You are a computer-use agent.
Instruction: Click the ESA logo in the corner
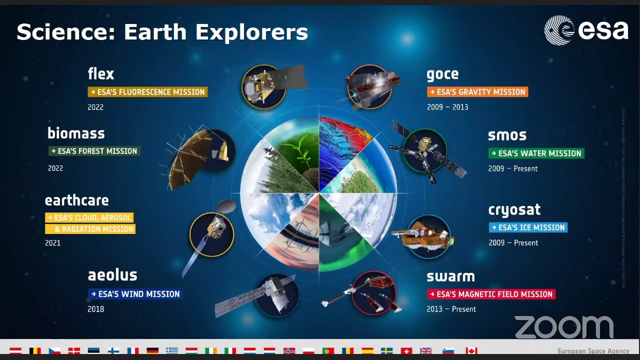click(586, 30)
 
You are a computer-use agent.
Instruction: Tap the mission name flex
click(101, 74)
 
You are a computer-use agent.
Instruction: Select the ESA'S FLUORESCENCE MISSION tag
click(147, 92)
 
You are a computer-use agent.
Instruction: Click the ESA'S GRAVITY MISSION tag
click(477, 92)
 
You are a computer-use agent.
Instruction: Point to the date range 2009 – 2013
click(447, 107)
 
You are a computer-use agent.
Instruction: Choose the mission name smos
click(507, 135)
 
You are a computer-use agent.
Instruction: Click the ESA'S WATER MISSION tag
click(536, 153)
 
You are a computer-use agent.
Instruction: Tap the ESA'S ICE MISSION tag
click(528, 227)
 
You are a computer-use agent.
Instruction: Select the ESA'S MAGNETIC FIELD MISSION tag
click(490, 294)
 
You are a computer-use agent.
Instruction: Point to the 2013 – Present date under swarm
click(451, 309)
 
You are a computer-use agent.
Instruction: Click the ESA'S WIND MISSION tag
click(135, 294)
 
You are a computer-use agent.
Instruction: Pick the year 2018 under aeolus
click(96, 309)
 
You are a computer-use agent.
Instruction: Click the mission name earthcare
click(76, 200)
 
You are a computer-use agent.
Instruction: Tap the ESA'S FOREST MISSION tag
click(94, 151)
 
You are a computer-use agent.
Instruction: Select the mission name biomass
click(76, 133)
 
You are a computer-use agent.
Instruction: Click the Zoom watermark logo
click(564, 327)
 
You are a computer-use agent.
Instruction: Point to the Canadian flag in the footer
click(471, 351)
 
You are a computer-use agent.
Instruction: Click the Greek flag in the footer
click(172, 351)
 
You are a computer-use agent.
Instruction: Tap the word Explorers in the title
click(251, 32)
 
